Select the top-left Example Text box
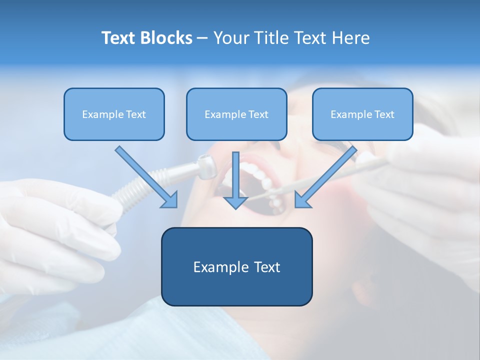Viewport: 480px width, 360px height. (114, 114)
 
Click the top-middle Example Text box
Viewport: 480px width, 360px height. (236, 114)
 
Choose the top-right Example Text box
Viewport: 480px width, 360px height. (362, 114)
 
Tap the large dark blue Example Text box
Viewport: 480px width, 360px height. (236, 266)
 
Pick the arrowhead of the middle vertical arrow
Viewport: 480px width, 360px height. (235, 202)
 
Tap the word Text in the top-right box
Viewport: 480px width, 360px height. (384, 114)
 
